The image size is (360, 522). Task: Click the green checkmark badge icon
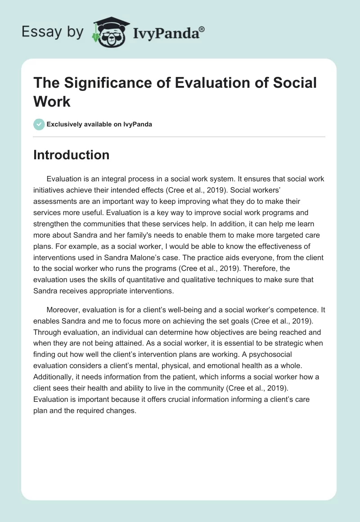click(x=39, y=124)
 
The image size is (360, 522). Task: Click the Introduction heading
click(x=71, y=155)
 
